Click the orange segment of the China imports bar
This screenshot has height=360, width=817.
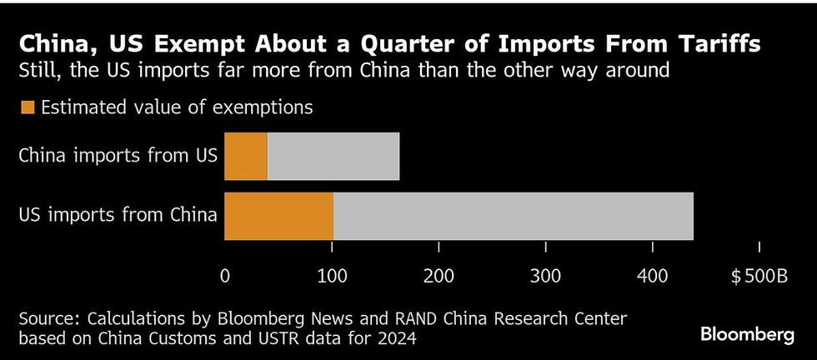pos(246,157)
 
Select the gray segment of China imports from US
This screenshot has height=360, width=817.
pos(333,157)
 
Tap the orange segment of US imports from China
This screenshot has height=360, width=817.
pos(279,215)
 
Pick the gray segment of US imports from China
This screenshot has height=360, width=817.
pos(513,215)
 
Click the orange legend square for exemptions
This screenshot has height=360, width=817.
pos(27,107)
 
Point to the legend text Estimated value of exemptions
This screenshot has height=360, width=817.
pos(177,107)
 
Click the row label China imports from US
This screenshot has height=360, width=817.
pos(117,157)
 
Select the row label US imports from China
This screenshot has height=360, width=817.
pos(117,215)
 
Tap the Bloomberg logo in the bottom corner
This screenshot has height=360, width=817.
pos(747,335)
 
